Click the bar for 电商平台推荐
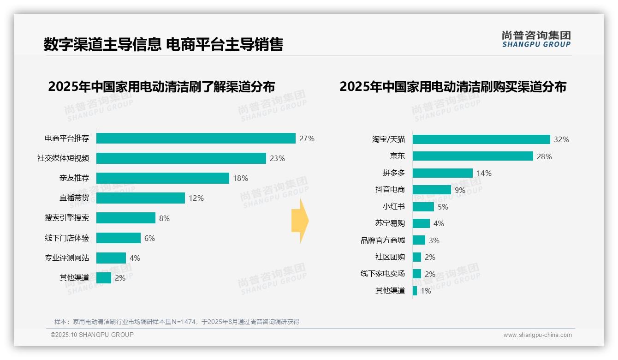(196, 138)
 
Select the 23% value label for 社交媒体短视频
(277, 158)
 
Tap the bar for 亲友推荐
(162, 178)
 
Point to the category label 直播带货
(74, 198)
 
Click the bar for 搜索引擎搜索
(125, 218)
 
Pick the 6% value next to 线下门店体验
(149, 238)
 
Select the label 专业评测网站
(66, 258)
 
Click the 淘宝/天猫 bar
(481, 139)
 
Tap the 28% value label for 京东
(544, 156)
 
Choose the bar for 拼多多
(442, 173)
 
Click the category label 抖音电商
(390, 190)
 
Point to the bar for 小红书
(423, 207)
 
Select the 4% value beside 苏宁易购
(439, 223)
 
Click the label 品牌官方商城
(382, 240)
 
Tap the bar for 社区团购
(416, 257)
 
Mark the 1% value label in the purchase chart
(425, 291)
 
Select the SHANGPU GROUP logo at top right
(536, 39)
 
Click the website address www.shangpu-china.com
(537, 335)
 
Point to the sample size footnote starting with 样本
(177, 322)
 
